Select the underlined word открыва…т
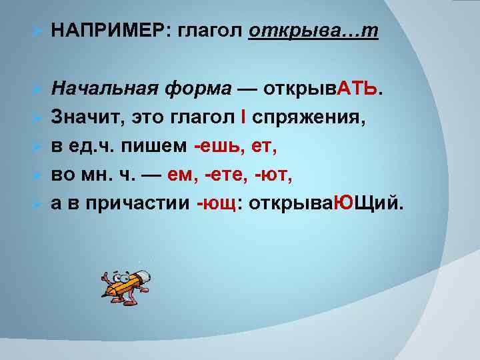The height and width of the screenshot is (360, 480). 313,32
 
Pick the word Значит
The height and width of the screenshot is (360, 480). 80,118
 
